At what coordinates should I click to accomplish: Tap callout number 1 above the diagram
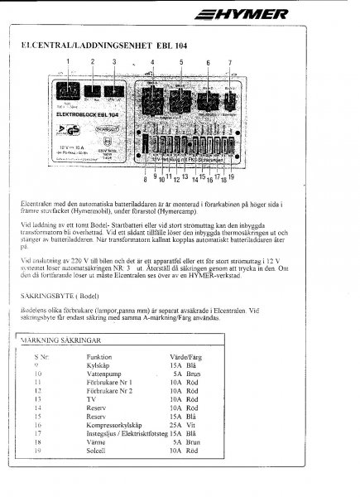68,62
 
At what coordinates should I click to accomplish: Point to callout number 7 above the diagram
228,63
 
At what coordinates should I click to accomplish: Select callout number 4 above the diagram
153,63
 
